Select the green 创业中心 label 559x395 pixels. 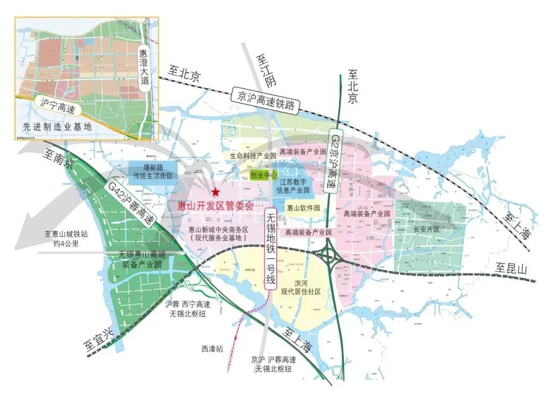264,175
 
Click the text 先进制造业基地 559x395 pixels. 57,127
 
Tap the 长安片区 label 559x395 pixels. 426,229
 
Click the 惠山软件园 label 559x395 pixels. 303,208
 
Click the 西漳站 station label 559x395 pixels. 212,349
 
